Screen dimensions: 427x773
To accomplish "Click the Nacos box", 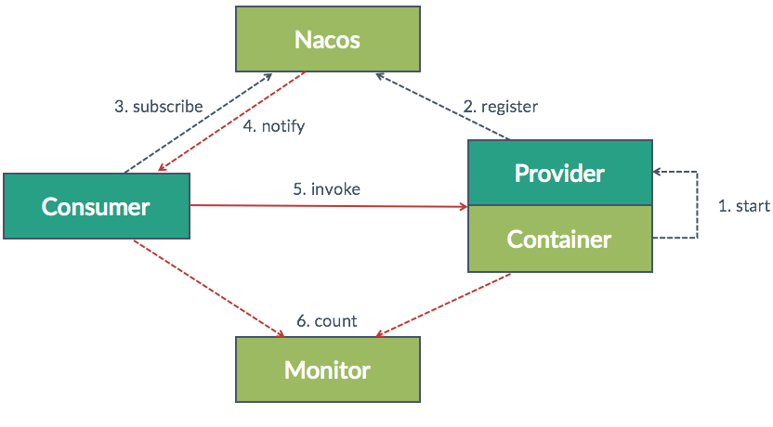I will click(x=327, y=40).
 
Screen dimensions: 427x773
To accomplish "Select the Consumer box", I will click(x=96, y=206).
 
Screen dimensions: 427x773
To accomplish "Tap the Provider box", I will click(x=559, y=173).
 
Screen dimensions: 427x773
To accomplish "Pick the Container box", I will click(x=559, y=239).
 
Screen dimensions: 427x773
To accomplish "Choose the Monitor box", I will click(x=327, y=369).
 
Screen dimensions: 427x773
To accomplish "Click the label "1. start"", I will click(x=743, y=206).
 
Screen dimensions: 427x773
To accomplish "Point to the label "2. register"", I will click(x=500, y=107).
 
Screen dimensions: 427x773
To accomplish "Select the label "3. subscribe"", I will click(x=158, y=107).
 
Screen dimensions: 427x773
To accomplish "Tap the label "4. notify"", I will click(x=273, y=126).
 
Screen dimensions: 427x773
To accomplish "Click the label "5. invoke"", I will click(x=326, y=188).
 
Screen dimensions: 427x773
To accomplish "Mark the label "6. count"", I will click(x=326, y=321).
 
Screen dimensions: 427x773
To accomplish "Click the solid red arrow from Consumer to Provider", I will click(x=325, y=206).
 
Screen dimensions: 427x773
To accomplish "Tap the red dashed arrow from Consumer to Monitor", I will click(x=208, y=287).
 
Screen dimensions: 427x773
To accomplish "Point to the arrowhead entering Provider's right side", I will click(x=659, y=173).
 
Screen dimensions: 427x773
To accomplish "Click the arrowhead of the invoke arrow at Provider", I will click(x=462, y=207).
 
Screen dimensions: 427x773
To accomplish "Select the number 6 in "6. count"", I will click(x=301, y=321).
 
